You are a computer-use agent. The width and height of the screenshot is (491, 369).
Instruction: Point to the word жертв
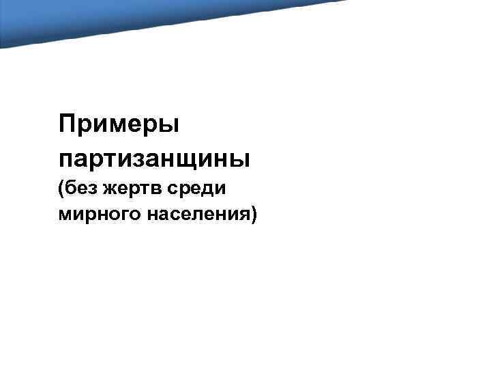pos(128,188)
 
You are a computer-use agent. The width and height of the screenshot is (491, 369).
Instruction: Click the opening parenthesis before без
pos(62,188)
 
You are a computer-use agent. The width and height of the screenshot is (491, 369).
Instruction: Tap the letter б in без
pos(70,187)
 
